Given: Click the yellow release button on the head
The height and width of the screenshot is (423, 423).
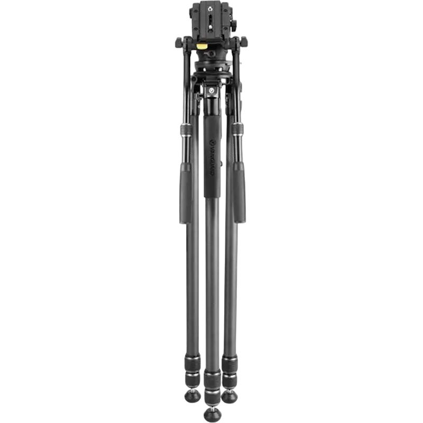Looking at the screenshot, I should [x=202, y=47].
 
